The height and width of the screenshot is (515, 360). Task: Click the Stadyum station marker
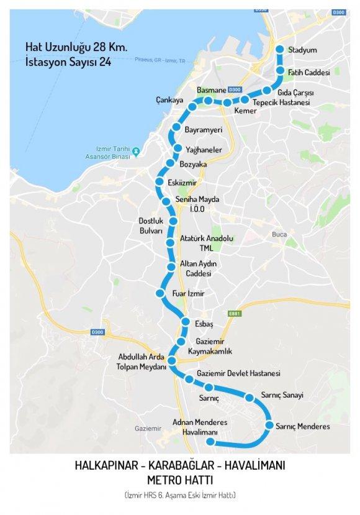point(279,50)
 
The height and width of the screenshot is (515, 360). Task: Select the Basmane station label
point(208,90)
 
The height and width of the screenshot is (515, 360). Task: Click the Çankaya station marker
point(192,107)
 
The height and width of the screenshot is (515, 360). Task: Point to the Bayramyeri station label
point(203,130)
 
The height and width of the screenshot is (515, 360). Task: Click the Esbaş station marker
point(185,321)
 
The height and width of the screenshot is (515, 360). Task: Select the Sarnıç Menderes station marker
point(270,426)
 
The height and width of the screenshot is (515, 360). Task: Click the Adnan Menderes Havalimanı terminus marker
point(210,442)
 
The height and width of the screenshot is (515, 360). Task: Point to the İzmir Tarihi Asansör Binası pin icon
point(135,152)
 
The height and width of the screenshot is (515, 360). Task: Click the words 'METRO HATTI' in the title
point(179,480)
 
